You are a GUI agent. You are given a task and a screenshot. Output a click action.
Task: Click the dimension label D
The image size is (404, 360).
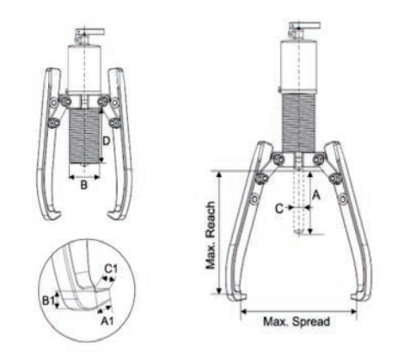107,141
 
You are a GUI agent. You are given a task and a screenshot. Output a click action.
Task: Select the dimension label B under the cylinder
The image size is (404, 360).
83,185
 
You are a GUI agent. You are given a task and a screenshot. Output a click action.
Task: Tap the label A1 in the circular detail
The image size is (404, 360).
107,321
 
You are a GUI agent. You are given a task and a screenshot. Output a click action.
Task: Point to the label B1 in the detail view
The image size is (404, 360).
48,301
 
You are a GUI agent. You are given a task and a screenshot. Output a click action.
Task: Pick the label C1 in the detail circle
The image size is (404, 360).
111,269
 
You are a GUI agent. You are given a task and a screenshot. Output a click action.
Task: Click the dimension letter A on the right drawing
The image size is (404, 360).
315,195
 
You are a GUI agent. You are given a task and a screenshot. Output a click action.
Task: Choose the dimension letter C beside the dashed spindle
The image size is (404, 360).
279,209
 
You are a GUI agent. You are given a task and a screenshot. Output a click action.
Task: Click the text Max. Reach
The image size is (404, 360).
211,235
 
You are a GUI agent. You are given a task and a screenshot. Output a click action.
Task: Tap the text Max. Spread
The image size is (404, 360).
297,321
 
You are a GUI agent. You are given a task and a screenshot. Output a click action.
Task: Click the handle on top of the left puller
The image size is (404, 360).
90,32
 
